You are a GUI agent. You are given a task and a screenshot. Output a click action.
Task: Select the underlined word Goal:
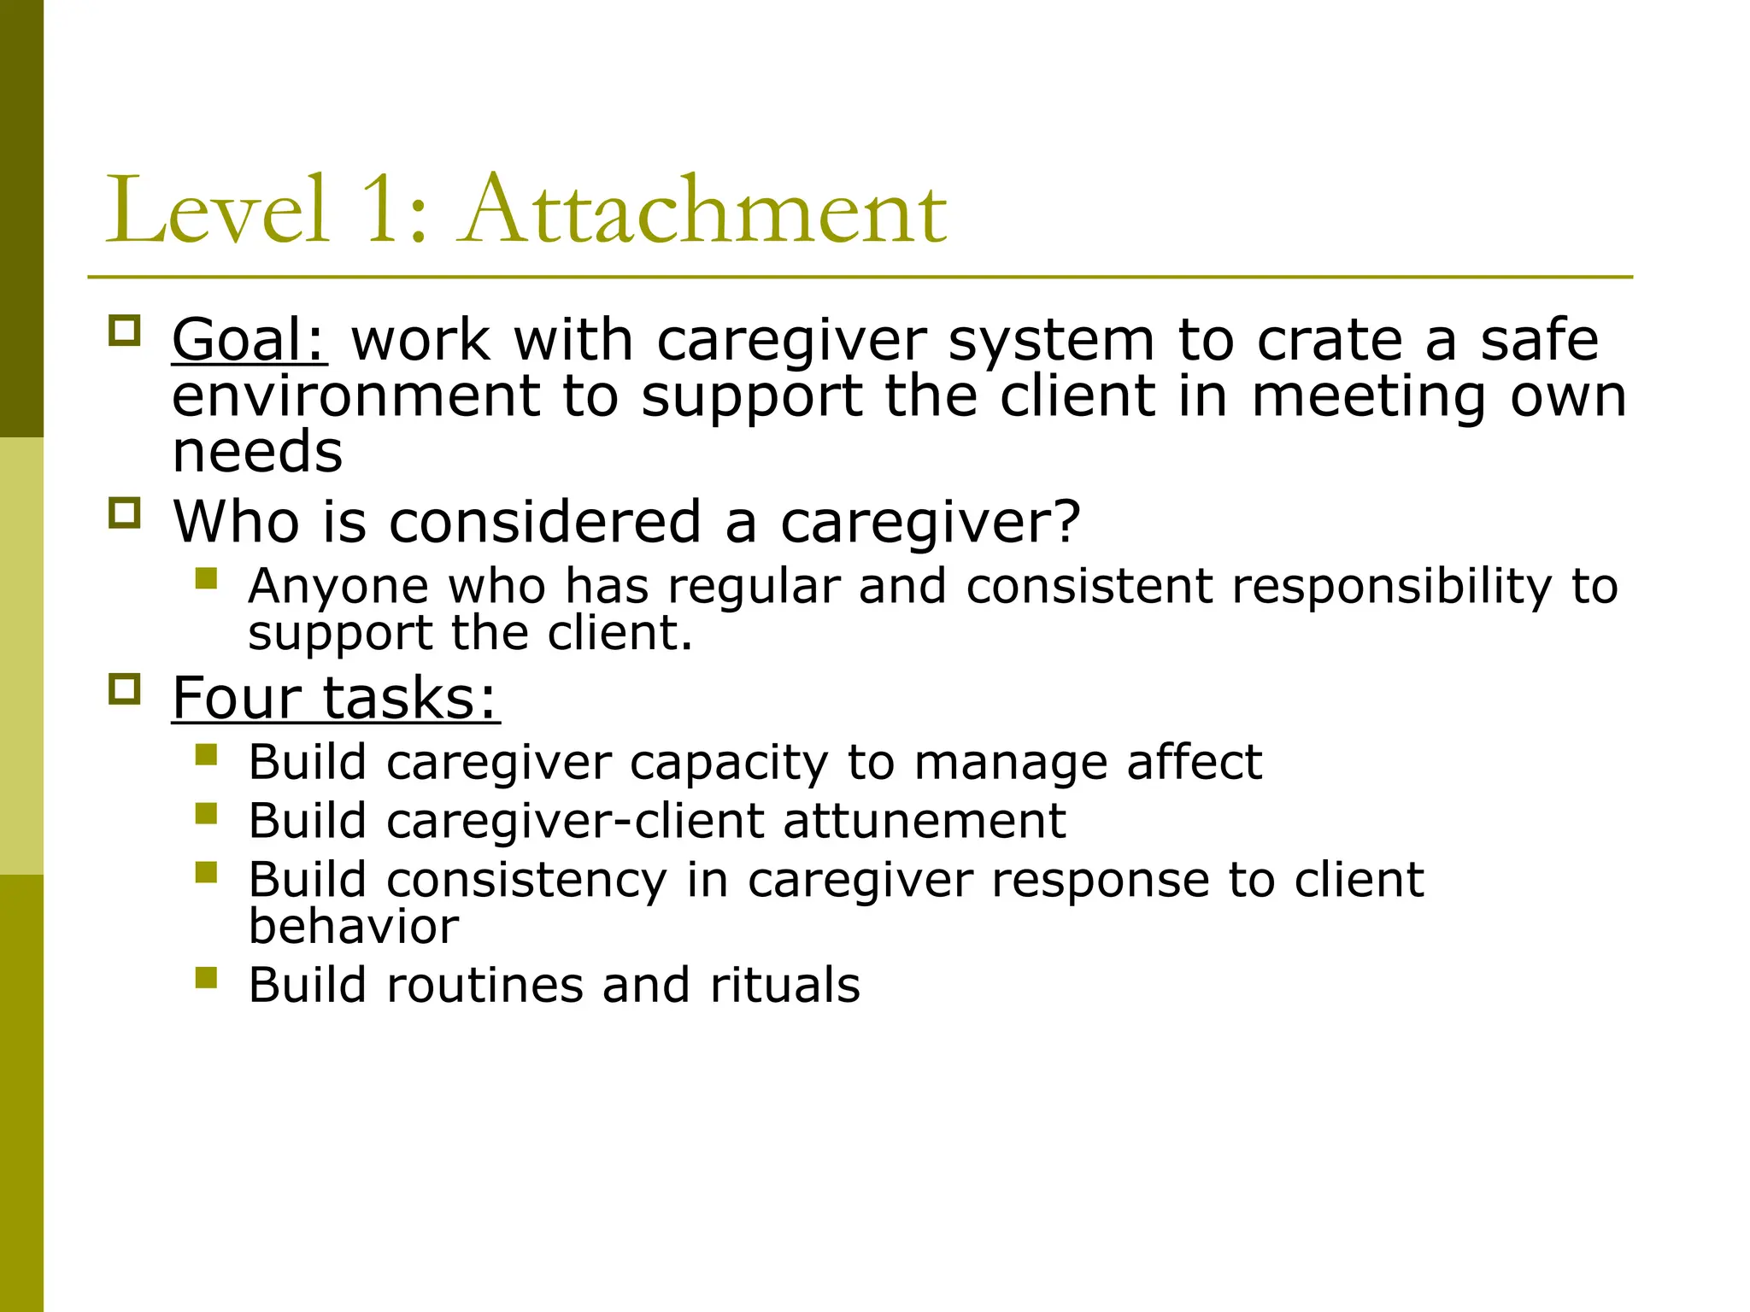click(x=249, y=340)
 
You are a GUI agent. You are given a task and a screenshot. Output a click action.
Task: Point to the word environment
click(x=355, y=396)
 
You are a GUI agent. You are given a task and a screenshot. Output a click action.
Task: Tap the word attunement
click(x=924, y=821)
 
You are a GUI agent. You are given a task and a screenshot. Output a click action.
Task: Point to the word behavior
click(x=353, y=926)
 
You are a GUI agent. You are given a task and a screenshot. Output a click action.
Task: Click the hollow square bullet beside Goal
click(x=125, y=331)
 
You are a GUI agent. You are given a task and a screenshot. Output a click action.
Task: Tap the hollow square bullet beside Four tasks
click(x=125, y=688)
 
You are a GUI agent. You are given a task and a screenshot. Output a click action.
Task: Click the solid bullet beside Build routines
click(x=206, y=977)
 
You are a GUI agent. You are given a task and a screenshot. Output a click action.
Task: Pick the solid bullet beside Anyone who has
click(x=206, y=579)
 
